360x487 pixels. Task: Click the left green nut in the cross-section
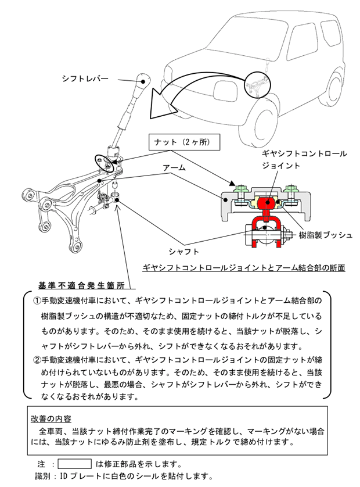coord(239,189)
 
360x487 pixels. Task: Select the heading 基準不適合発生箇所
coord(81,285)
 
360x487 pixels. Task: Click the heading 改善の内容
coord(51,418)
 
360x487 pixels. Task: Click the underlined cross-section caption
coord(244,268)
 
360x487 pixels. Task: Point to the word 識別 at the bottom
coord(43,476)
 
